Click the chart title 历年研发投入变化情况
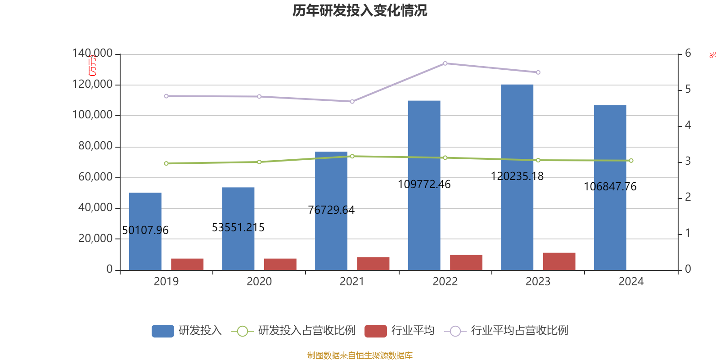(360, 10)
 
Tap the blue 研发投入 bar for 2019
(145, 231)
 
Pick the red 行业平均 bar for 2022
(466, 262)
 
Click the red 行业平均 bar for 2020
(280, 264)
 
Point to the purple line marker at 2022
(445, 63)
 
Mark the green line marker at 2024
(631, 161)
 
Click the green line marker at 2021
(352, 156)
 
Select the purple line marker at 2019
(166, 96)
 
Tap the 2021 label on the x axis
(352, 282)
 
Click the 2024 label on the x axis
(631, 282)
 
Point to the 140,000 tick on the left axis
(93, 54)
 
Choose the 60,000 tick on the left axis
(95, 177)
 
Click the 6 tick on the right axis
(688, 54)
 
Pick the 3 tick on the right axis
(688, 161)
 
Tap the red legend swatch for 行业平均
(375, 331)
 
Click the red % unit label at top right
(712, 55)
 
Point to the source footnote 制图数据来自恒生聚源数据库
(360, 355)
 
